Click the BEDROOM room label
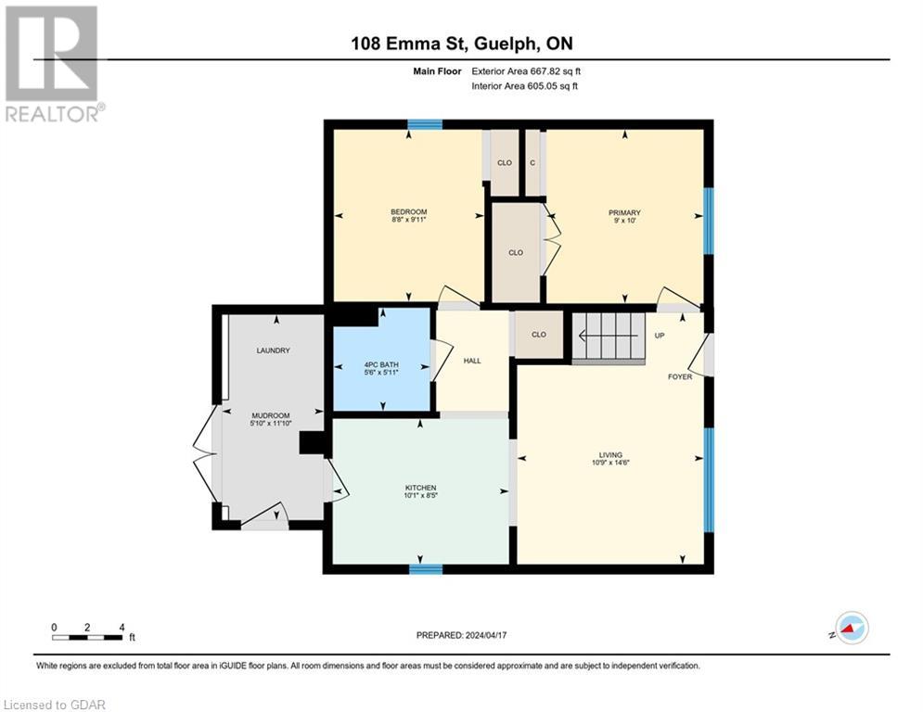click(408, 212)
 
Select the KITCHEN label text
click(420, 488)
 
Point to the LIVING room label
click(609, 454)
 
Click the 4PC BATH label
click(380, 365)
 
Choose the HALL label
click(472, 360)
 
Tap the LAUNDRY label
click(274, 350)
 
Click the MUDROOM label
click(271, 415)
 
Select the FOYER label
click(680, 376)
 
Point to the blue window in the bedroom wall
click(425, 124)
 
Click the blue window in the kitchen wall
click(425, 568)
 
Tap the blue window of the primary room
click(708, 221)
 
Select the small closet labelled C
click(532, 162)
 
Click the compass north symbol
click(851, 628)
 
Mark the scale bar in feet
click(88, 636)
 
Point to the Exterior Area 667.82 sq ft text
click(526, 70)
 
